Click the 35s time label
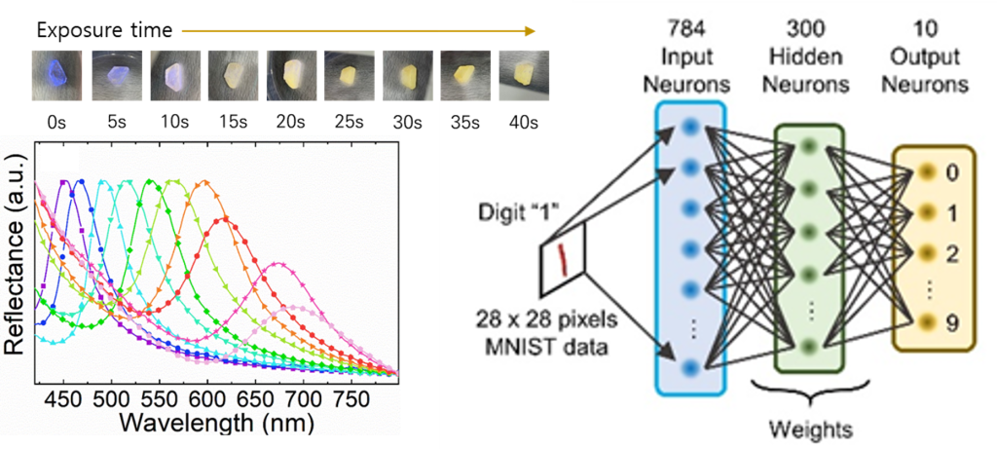[459, 124]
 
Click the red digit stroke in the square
[561, 258]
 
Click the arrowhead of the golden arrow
[532, 30]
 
